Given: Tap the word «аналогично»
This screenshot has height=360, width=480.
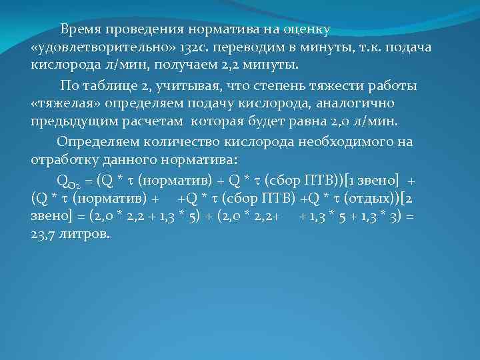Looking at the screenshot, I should (357, 104).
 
